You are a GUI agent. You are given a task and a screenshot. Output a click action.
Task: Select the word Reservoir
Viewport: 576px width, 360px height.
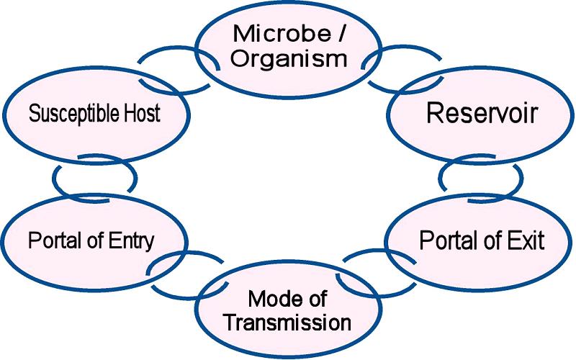pos(482,113)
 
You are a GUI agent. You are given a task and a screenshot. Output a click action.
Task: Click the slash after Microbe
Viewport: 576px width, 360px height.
pos(329,33)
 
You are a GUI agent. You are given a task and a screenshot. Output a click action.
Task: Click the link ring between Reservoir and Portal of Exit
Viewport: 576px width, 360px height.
pos(481,176)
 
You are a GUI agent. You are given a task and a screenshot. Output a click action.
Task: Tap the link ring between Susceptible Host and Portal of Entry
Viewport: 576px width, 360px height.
pos(94,177)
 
